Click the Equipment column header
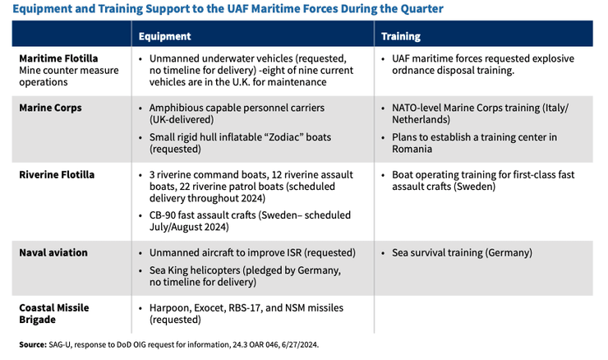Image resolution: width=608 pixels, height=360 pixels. [165, 36]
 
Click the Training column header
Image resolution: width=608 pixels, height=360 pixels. [401, 36]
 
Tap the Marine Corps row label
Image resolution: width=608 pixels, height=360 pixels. [50, 108]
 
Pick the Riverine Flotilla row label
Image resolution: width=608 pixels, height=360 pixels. [57, 174]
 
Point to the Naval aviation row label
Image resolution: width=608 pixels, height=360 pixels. [53, 252]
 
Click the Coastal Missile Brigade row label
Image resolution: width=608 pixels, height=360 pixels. [54, 313]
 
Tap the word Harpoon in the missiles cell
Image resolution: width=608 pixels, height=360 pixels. [171, 307]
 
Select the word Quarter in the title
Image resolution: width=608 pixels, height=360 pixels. [417, 9]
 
